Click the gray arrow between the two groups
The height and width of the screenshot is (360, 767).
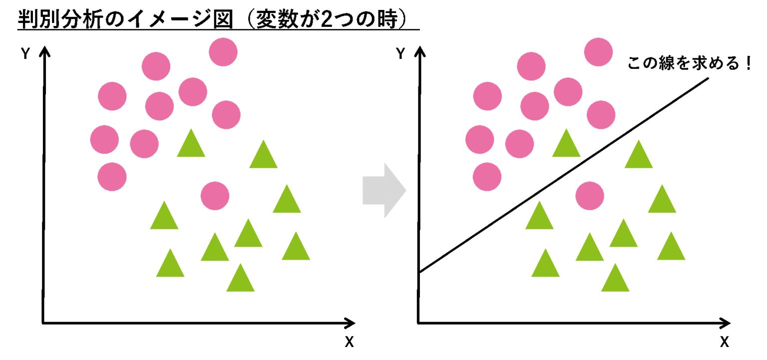tap(383, 190)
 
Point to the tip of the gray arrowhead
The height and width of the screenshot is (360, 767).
tap(406, 190)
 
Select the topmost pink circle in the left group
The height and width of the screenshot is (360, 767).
tap(223, 52)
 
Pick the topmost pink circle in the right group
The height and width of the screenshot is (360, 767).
tap(598, 52)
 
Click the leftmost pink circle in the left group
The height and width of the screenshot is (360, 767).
tap(104, 139)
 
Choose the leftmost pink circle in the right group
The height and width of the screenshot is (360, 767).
tap(479, 139)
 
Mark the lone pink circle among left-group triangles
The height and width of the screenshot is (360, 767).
tap(215, 196)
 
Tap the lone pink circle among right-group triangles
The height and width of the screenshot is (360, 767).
tap(590, 196)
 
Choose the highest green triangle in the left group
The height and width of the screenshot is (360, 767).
tap(191, 146)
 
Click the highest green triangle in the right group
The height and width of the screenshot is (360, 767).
tap(566, 146)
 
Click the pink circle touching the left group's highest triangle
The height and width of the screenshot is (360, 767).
tap(144, 144)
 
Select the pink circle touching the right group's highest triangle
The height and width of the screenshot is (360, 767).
tap(519, 144)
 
